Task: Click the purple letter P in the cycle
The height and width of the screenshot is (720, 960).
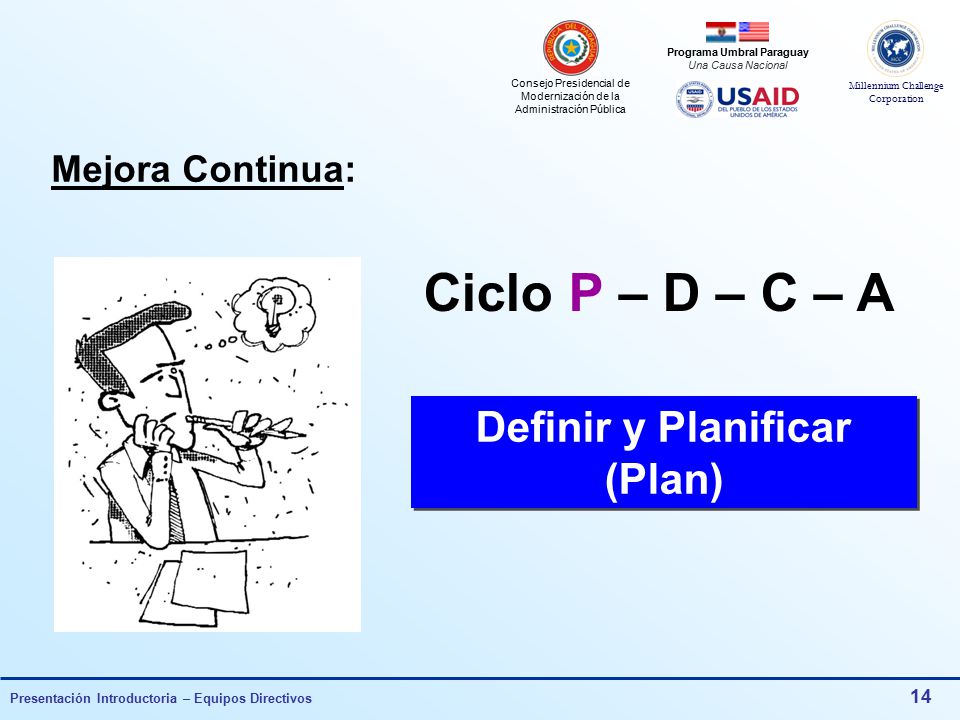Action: tap(585, 293)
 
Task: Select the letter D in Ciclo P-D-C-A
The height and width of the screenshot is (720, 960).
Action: tap(681, 293)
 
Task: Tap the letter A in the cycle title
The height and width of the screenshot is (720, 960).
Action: tap(875, 293)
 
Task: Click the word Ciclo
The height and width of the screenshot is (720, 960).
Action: tap(488, 292)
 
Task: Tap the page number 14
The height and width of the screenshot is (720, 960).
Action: tap(920, 696)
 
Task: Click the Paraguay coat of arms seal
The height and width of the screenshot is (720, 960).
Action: tap(571, 47)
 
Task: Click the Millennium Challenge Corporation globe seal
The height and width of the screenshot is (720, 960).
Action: tap(895, 48)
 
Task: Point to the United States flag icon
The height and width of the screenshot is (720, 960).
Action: tap(753, 31)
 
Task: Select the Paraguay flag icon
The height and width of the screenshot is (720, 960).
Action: tap(721, 31)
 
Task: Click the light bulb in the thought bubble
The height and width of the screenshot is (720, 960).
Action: tap(274, 310)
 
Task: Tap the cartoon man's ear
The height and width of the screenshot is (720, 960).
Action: tap(110, 402)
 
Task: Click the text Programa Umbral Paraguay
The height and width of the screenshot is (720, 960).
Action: tap(737, 53)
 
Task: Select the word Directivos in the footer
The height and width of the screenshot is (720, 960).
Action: tap(282, 698)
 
